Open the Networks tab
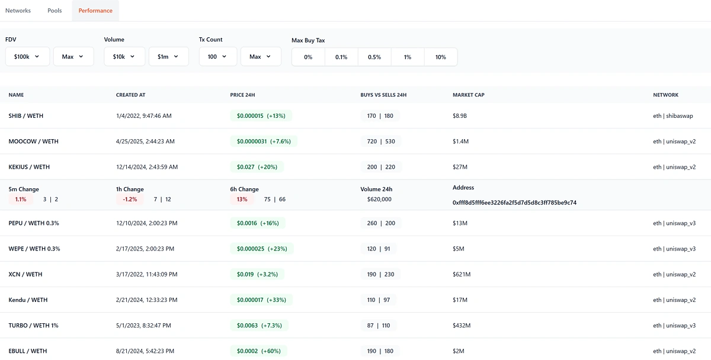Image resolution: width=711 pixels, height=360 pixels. pos(18,11)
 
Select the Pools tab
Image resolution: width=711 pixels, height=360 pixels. pos(55,11)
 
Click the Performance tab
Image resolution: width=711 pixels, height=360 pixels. pos(95,11)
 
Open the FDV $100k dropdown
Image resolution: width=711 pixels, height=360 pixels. pos(27,57)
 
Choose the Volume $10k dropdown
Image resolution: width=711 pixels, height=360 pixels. pos(124,57)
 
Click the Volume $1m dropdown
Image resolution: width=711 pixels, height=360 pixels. pos(168,57)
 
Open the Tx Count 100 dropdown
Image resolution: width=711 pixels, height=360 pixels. pos(217,57)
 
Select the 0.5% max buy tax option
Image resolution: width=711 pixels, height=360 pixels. pos(374,57)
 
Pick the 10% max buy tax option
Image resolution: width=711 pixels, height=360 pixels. pos(441,57)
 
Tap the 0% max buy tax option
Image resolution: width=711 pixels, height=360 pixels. pos(308,57)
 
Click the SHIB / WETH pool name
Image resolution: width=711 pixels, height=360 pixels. pos(26,116)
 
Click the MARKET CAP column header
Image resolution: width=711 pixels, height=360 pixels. pos(469,95)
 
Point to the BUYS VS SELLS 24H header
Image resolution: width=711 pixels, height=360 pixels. pos(383,95)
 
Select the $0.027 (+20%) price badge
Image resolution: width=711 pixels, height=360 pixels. pos(257,167)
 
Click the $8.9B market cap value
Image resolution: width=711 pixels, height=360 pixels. pos(460,116)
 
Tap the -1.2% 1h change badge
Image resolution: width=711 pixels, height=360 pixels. pos(130,200)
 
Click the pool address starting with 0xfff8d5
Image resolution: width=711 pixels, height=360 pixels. pos(514,202)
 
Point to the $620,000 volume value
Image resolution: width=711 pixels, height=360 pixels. pos(379,200)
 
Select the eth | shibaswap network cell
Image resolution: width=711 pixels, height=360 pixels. pos(672,116)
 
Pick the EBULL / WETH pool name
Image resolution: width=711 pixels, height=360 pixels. pos(28,351)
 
